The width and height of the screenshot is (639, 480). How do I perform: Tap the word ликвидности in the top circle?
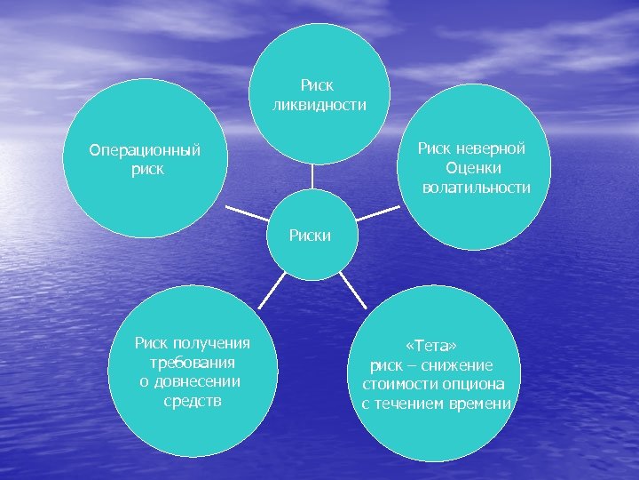tap(319, 106)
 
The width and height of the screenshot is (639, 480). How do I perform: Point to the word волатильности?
tap(477, 188)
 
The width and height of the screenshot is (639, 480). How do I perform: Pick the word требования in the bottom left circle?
tap(193, 363)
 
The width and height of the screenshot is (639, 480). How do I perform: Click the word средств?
tap(193, 401)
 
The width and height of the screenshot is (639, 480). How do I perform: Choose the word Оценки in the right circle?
tap(475, 168)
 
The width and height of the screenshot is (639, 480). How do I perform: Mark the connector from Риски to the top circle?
tap(312, 177)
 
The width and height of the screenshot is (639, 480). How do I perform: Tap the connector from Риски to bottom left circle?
tap(275, 287)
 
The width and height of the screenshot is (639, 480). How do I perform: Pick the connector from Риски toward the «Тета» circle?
tap(349, 289)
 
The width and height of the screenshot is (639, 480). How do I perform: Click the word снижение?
tap(459, 365)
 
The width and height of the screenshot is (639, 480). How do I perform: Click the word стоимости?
tap(398, 385)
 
